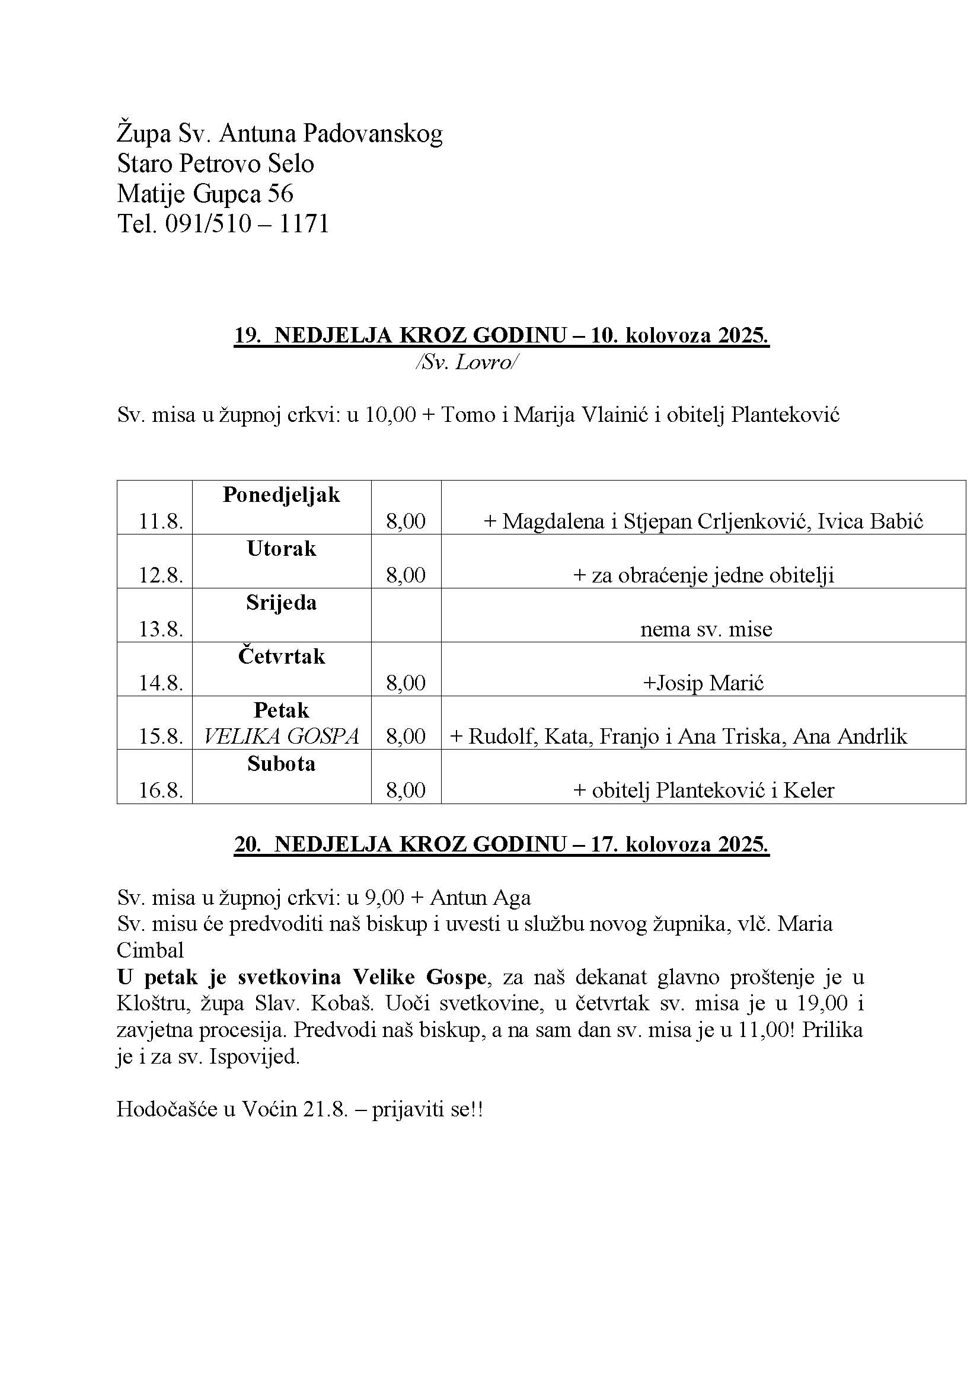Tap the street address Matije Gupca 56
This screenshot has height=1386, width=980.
point(205,194)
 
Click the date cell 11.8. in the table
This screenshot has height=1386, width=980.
point(161,521)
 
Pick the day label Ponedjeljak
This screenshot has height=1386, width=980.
point(282,495)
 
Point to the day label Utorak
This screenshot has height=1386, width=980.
point(282,549)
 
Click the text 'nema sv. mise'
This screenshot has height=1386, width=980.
point(706,629)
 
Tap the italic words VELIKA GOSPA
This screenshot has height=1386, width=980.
point(282,737)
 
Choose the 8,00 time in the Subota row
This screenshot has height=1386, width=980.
point(406,790)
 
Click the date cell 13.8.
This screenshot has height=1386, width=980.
point(161,629)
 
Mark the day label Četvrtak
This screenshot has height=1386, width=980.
point(282,656)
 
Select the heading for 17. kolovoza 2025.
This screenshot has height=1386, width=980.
point(501,844)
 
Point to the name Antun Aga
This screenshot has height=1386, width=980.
point(480,898)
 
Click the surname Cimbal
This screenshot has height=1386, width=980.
point(150,950)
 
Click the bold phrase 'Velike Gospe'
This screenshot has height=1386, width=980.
point(419,977)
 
